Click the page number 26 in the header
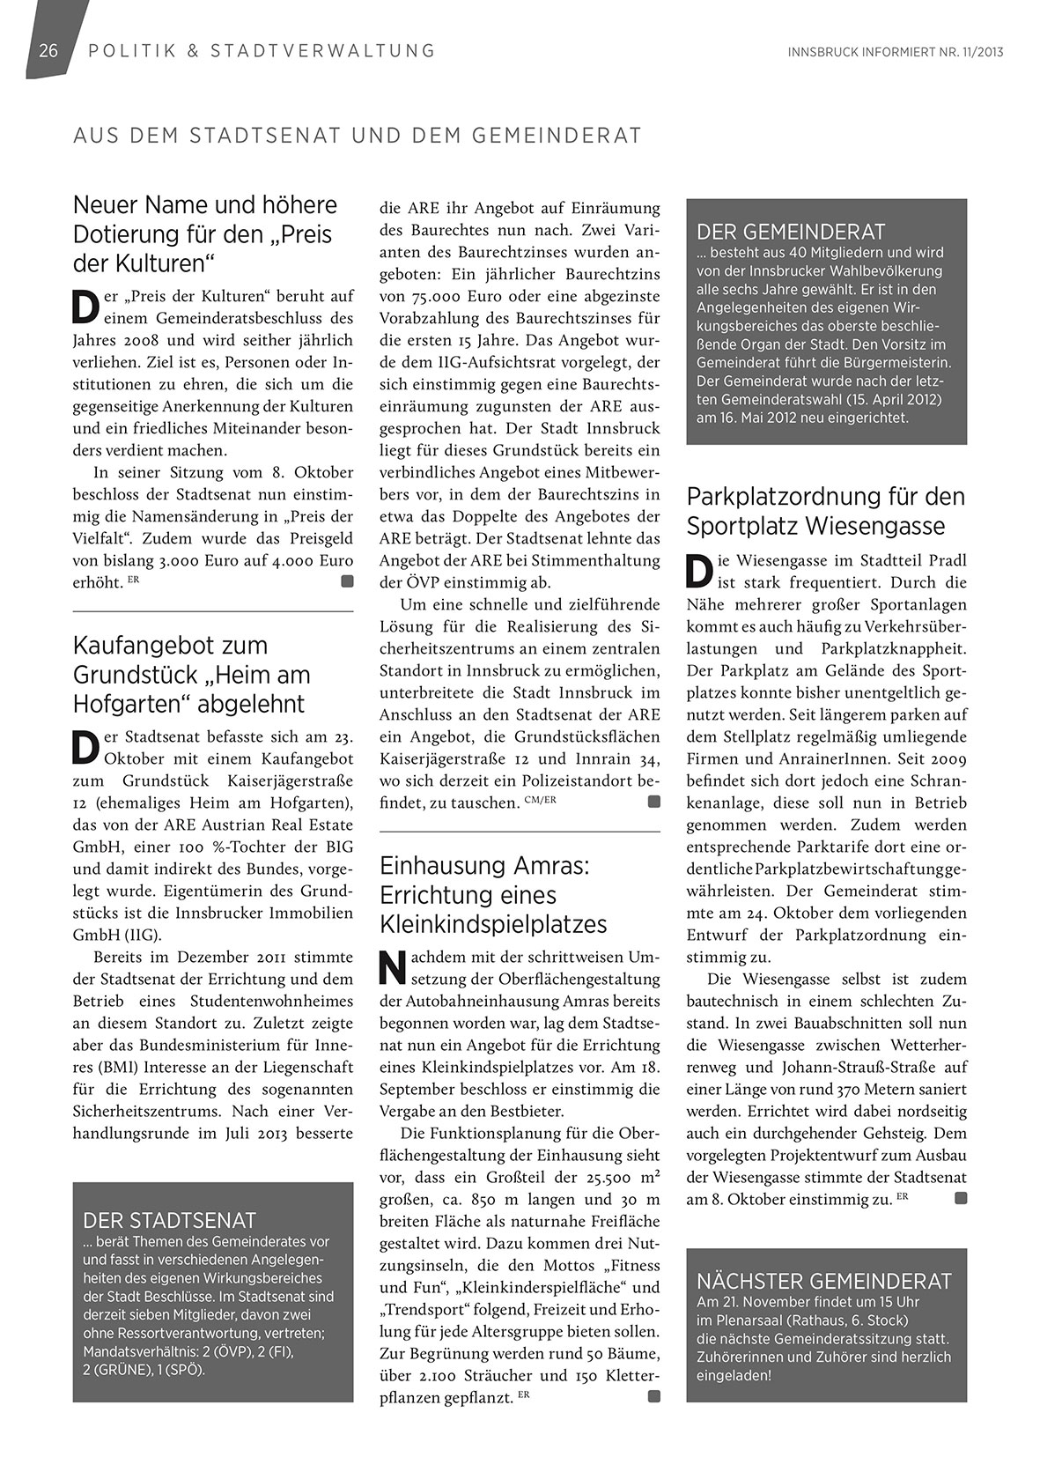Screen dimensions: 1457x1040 (48, 50)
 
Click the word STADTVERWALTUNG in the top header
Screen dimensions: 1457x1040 (322, 50)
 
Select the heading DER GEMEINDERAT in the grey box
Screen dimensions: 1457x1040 (790, 233)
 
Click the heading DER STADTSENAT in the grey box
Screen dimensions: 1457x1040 (169, 1220)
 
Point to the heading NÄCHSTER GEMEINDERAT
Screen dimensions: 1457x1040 (824, 1281)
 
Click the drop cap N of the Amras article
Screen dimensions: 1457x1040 (389, 968)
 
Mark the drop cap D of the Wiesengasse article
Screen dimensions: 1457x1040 (697, 572)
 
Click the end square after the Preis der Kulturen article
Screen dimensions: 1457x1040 (347, 581)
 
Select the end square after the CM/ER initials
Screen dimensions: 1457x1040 (653, 802)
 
